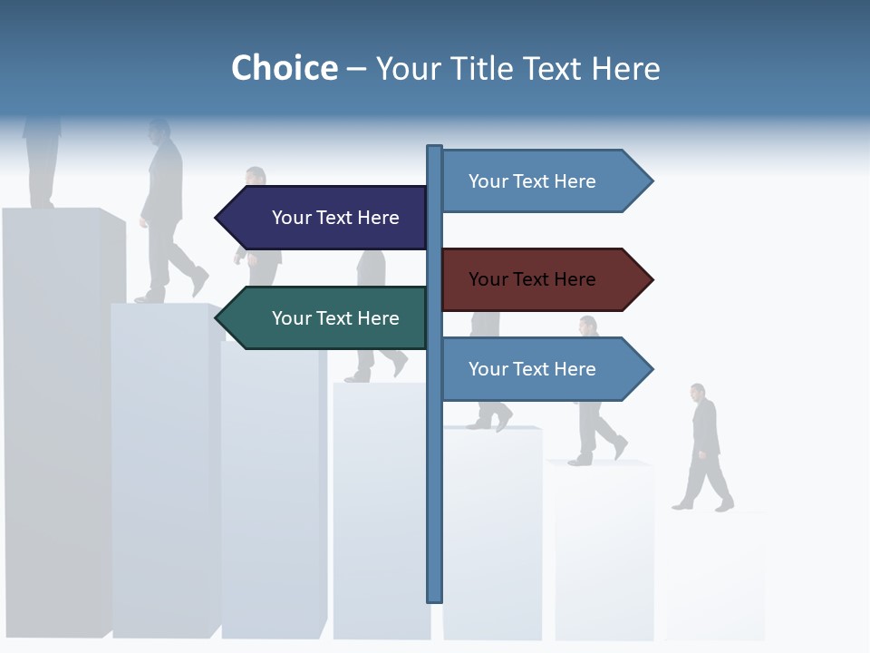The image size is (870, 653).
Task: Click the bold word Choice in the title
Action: point(284,68)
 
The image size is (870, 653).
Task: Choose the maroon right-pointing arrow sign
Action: point(539,279)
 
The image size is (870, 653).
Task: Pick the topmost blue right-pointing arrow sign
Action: point(539,181)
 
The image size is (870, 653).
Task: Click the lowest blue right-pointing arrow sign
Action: point(539,369)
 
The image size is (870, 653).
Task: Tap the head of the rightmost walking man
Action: point(697,392)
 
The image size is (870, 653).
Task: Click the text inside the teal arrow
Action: point(335,318)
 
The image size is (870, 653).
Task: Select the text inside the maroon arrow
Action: point(532,279)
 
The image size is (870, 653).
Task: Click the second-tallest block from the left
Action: point(161,472)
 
